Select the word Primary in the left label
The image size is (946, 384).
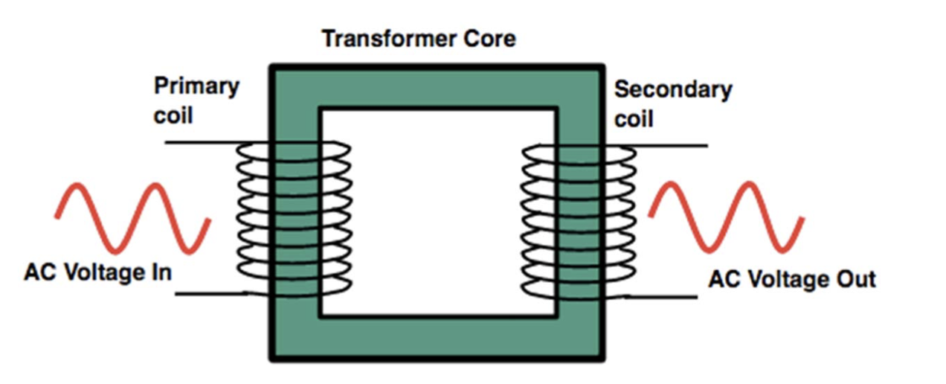click(196, 86)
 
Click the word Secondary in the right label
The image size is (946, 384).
click(672, 89)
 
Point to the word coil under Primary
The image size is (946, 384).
click(173, 116)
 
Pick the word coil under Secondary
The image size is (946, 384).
click(634, 119)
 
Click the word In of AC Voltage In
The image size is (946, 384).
click(160, 272)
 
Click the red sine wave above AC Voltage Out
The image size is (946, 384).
click(726, 217)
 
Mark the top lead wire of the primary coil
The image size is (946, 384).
click(201, 142)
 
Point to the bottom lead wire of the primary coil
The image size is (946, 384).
click(208, 294)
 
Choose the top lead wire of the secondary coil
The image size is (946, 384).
click(669, 145)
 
